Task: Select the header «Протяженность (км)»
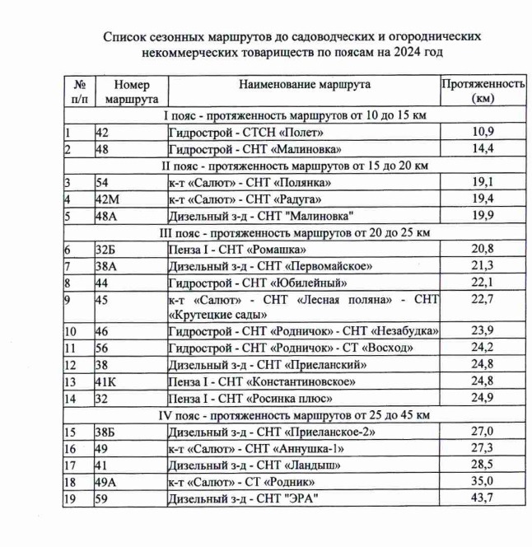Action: (483, 91)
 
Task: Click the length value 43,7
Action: (483, 499)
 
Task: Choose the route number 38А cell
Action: (109, 266)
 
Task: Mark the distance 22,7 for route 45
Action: (483, 299)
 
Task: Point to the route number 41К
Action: (109, 381)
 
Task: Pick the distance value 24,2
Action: (483, 348)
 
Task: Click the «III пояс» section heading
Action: (296, 232)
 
